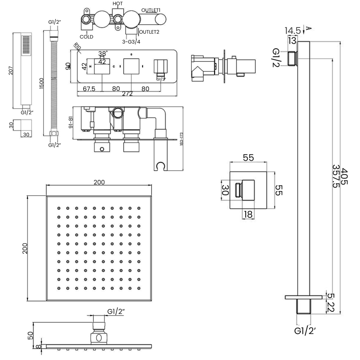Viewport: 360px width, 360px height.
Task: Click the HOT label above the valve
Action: click(x=117, y=4)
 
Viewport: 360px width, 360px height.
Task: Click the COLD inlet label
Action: click(x=86, y=36)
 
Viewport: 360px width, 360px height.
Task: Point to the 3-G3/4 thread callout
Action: click(x=131, y=41)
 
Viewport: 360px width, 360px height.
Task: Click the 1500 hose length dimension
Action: click(x=42, y=83)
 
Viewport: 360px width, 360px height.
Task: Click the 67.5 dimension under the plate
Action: click(x=89, y=89)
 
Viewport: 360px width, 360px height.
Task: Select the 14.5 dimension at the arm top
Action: click(x=292, y=31)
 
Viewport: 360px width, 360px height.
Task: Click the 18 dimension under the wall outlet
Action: click(x=247, y=215)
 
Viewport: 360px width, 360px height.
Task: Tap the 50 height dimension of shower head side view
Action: click(x=30, y=335)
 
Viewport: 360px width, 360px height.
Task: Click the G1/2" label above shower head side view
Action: click(x=116, y=311)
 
